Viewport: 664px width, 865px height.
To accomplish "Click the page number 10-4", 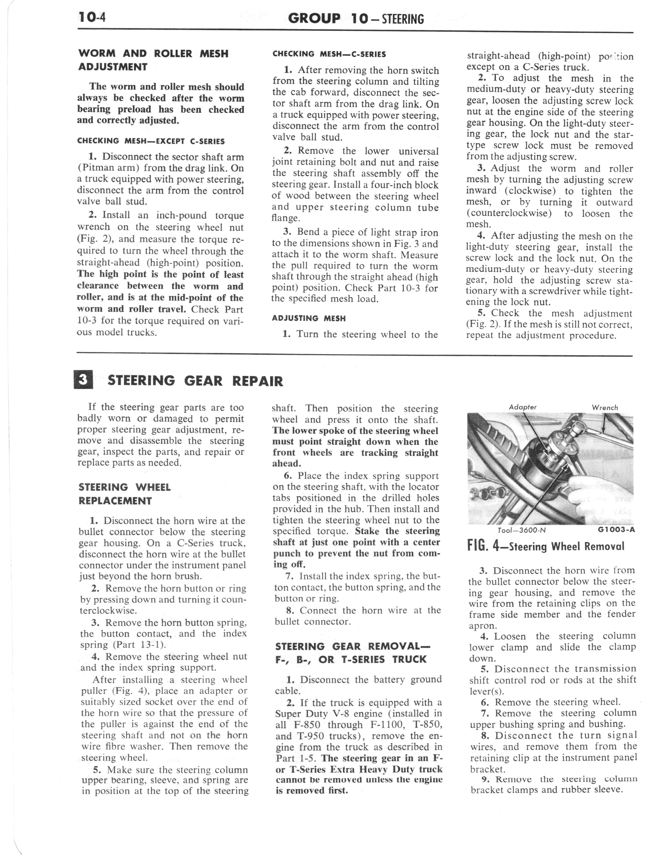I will [x=92, y=17].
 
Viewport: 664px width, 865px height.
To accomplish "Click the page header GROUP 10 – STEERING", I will [x=356, y=18].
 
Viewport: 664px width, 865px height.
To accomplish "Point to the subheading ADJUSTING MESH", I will [x=309, y=318].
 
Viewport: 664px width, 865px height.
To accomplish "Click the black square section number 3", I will [x=83, y=380].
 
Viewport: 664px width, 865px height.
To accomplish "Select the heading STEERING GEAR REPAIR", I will [x=195, y=381].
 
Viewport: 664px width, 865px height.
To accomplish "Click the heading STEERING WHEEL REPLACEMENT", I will [x=125, y=494].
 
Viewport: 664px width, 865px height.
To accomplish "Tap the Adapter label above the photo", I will [x=523, y=407].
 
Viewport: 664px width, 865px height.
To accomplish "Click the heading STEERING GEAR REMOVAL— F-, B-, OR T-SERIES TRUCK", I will [x=352, y=653].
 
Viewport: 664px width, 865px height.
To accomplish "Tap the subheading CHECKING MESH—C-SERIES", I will [x=329, y=54].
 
